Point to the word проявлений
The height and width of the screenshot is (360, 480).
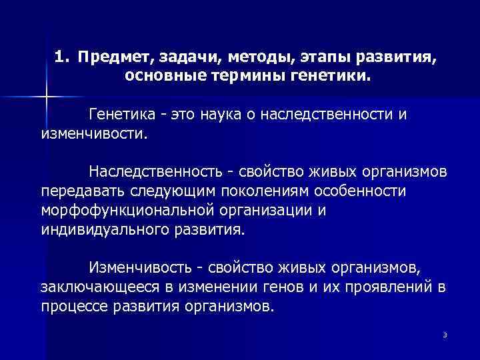pos(379,288)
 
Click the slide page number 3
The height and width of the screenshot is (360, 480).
pos(443,334)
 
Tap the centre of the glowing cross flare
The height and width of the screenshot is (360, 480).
pos(46,97)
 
